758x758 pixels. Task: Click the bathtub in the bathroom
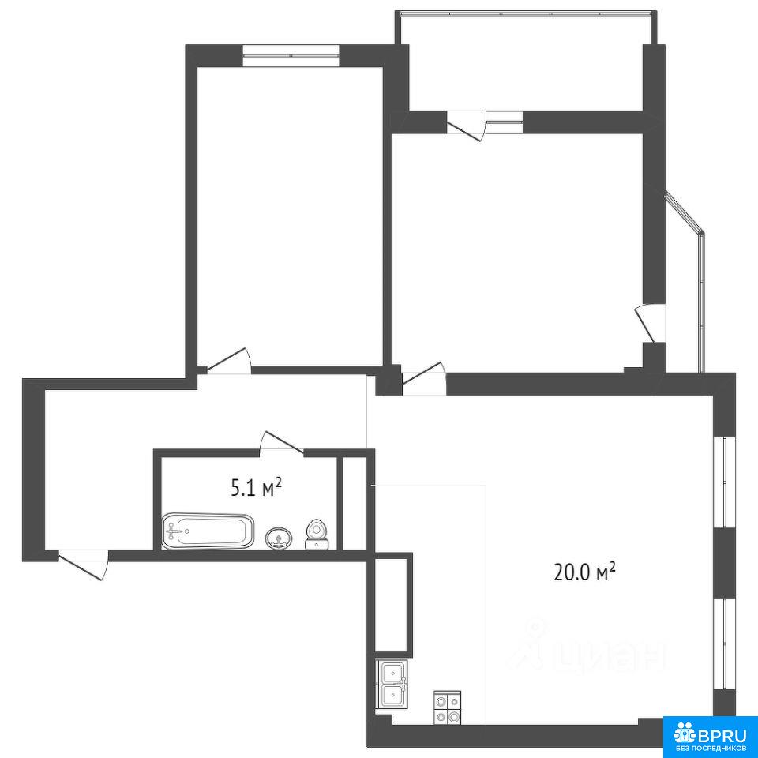208,531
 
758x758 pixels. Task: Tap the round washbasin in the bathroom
279,538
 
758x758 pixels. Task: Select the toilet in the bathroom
317,535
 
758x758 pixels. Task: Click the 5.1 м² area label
256,488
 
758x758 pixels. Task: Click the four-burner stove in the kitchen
448,708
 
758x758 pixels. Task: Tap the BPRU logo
710,736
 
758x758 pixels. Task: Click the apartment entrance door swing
83,564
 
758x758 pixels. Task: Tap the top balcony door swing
466,126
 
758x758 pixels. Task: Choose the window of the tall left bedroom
291,54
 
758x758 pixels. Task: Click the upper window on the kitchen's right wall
724,482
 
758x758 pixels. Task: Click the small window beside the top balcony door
505,122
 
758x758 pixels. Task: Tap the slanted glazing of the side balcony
685,212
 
